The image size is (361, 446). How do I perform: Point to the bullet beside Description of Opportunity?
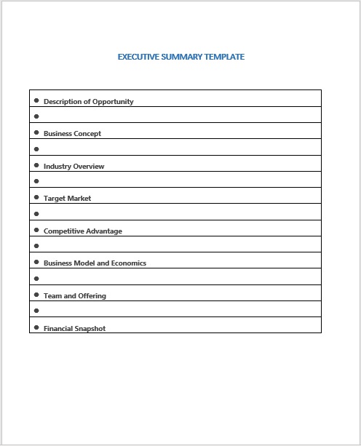point(36,101)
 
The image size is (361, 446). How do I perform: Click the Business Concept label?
point(72,134)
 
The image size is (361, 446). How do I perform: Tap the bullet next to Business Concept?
point(36,133)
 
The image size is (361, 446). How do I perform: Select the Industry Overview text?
point(74,167)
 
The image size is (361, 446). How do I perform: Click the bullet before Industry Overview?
point(36,165)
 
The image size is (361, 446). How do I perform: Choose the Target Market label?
point(67,199)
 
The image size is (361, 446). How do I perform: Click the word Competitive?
point(63,231)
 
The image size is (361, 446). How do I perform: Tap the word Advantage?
point(104,231)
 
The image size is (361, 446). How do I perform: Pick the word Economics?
point(128,263)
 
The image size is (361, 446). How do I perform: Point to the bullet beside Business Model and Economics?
point(36,263)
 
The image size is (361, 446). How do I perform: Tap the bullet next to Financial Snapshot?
point(36,327)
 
